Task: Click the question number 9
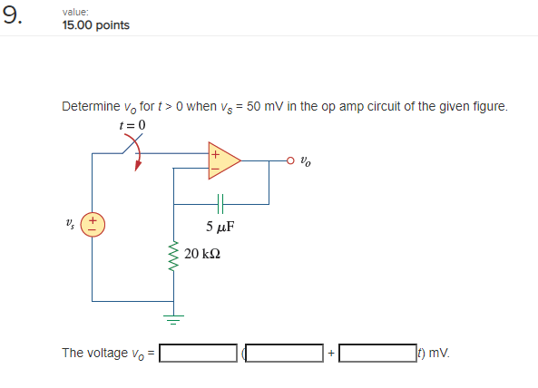tap(12, 15)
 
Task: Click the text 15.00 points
tap(96, 25)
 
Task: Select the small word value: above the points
tap(75, 12)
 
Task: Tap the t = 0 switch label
tap(132, 125)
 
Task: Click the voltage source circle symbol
tap(93, 225)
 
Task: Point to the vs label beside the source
tap(70, 224)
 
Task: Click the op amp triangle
tap(224, 160)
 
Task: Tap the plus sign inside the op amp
tap(215, 155)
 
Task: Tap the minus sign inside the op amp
tap(215, 169)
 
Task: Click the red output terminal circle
tap(290, 160)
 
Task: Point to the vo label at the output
tap(306, 160)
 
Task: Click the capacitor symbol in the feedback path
tap(220, 204)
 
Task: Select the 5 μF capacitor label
tap(220, 227)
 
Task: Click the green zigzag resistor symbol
tap(173, 256)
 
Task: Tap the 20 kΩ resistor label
tap(202, 254)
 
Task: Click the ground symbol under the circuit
tap(173, 319)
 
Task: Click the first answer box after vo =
tap(198, 353)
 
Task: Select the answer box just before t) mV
tap(377, 353)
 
